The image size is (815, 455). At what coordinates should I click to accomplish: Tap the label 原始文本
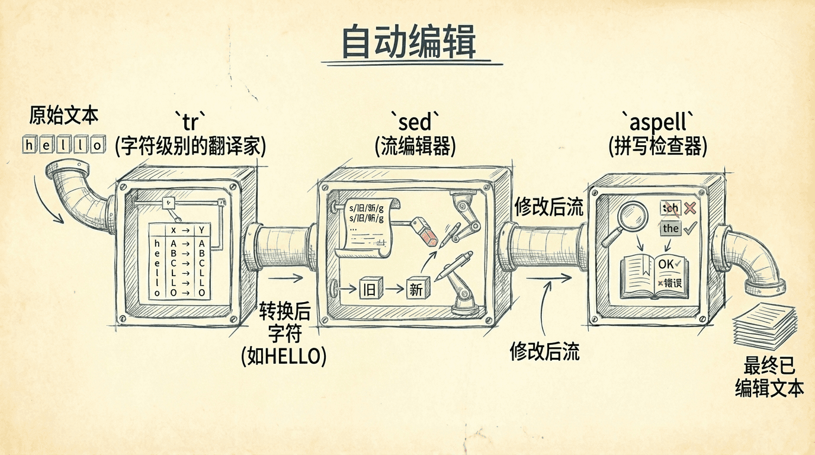pos(64,116)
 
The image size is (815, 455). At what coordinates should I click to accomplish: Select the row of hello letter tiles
pos(63,144)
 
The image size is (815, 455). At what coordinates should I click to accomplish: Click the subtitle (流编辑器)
pos(415,146)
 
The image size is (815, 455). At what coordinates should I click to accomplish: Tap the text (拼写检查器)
pos(657,146)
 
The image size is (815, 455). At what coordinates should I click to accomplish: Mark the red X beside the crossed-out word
pos(689,208)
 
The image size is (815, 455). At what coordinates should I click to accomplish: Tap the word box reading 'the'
pos(670,228)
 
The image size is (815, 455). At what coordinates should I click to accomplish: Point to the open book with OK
pos(654,275)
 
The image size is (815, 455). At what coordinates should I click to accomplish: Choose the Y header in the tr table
pos(202,230)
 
